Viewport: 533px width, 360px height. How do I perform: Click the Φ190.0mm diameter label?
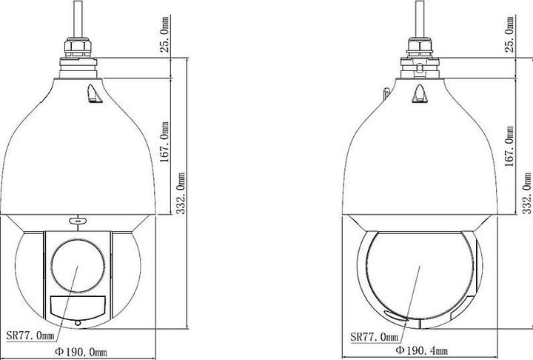[x=81, y=352]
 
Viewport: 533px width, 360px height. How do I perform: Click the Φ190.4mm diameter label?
[x=422, y=350]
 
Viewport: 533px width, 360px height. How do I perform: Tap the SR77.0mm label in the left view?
[x=30, y=336]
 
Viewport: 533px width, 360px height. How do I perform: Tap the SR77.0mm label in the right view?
[x=375, y=337]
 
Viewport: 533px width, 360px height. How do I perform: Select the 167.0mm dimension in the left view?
[x=164, y=142]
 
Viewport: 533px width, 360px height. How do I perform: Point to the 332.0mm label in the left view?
[x=181, y=193]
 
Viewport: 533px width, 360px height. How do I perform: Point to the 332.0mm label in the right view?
[x=526, y=193]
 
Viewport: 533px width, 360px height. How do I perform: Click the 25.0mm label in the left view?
[x=164, y=34]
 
